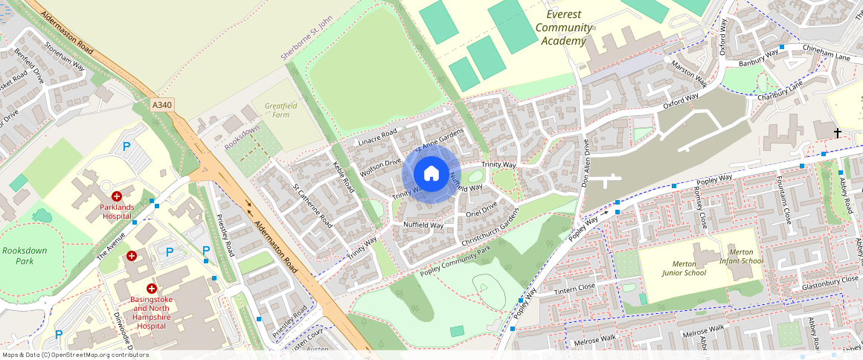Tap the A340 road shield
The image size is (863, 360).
tap(162, 106)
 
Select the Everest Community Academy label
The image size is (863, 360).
tap(564, 28)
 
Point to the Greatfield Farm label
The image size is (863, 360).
tap(280, 110)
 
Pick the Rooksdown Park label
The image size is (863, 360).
tap(25, 256)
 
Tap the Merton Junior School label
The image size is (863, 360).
tap(684, 267)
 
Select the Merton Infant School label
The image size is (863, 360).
tap(741, 257)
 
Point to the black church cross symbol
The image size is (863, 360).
tap(837, 133)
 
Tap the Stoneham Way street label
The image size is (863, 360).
tap(65, 55)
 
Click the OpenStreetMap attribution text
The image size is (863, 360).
tap(74, 355)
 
